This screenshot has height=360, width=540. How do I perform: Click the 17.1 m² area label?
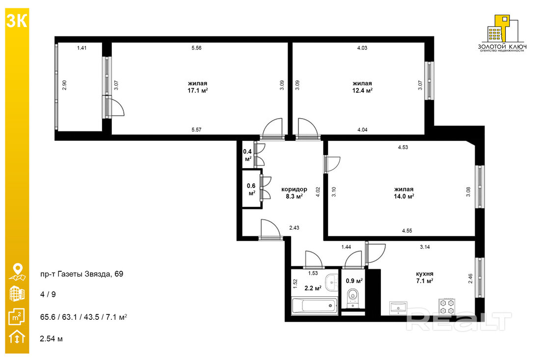click(197, 91)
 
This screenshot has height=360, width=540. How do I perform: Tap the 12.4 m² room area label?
click(362, 91)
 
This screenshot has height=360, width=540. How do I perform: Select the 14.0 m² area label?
click(404, 197)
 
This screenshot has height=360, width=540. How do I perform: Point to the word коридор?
click(294, 189)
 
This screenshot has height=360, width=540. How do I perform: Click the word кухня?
click(425, 274)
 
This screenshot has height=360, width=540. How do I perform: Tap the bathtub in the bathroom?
click(314, 306)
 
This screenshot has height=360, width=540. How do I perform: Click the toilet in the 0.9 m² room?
click(352, 297)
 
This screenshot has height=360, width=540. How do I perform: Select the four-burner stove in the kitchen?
click(447, 307)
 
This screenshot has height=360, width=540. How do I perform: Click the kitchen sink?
click(399, 308)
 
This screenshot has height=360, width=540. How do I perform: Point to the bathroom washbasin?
click(332, 282)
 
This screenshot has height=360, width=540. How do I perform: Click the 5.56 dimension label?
click(197, 48)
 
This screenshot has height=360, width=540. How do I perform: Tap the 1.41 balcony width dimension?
click(81, 48)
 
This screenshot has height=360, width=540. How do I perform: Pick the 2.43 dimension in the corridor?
click(294, 228)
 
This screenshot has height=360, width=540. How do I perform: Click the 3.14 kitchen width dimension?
click(425, 247)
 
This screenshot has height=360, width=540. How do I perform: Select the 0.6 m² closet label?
click(251, 190)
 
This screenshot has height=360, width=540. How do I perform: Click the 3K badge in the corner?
click(17, 21)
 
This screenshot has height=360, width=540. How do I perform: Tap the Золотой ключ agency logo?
click(503, 33)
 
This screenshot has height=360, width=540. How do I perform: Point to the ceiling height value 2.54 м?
click(52, 338)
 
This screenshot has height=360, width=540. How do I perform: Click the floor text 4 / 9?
click(48, 294)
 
